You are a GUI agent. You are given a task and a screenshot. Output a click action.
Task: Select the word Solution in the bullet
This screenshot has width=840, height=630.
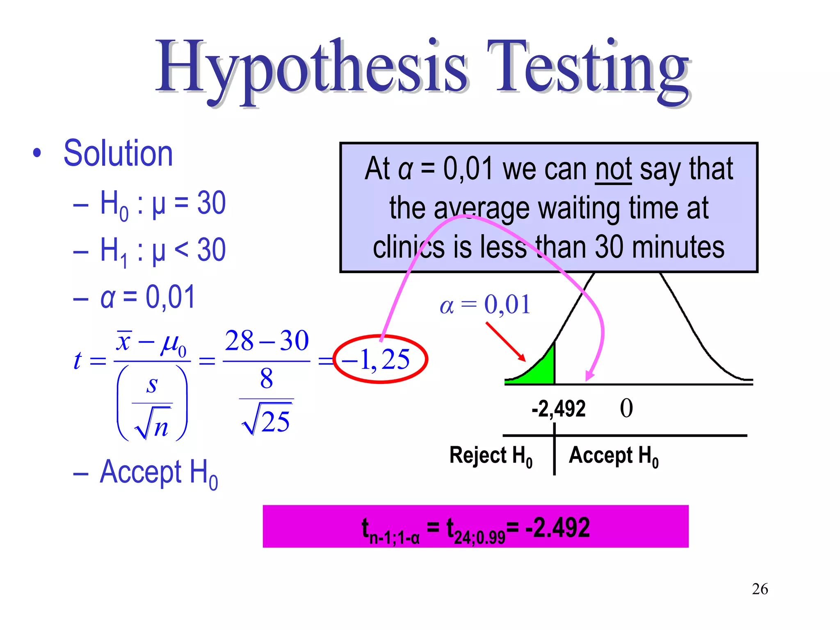click(118, 153)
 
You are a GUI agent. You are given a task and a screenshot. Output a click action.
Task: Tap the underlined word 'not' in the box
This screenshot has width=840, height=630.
click(613, 169)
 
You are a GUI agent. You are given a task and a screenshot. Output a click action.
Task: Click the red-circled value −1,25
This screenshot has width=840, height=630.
click(380, 360)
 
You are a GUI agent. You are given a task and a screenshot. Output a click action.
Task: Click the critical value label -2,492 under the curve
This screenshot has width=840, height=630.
click(558, 409)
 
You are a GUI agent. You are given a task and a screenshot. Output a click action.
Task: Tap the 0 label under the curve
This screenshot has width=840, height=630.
click(626, 409)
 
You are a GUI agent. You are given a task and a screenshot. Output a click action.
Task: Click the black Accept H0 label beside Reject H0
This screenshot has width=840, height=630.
click(614, 456)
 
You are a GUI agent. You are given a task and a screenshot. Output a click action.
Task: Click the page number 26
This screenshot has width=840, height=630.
click(760, 589)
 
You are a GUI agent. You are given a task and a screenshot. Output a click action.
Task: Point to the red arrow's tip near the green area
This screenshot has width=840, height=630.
click(524, 360)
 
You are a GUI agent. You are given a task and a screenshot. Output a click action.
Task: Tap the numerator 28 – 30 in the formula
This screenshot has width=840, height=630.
click(267, 341)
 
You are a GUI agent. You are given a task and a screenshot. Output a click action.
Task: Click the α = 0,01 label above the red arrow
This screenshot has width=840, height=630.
click(485, 305)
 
